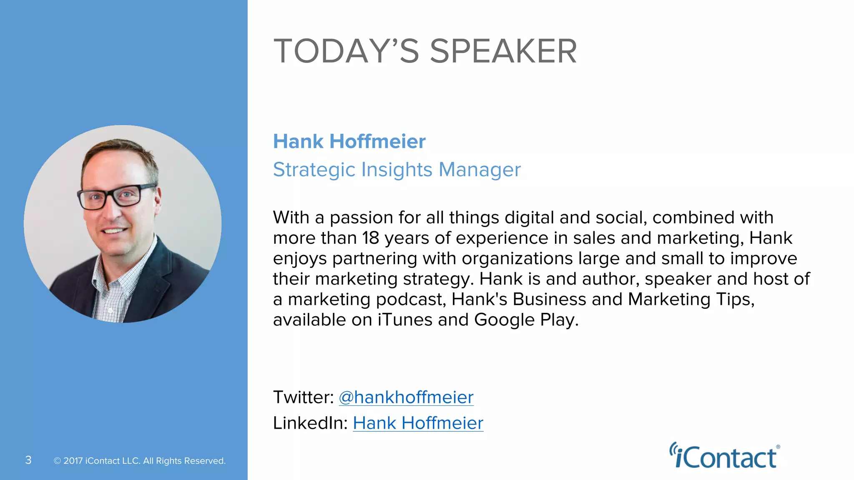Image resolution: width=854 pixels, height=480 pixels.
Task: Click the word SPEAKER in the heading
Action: (503, 51)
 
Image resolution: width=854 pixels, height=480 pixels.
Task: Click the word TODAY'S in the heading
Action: (346, 51)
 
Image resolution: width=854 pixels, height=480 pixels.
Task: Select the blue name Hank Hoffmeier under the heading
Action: (349, 142)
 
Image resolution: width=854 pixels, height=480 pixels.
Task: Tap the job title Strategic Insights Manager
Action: (397, 170)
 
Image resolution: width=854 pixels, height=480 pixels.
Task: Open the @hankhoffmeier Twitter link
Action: (406, 397)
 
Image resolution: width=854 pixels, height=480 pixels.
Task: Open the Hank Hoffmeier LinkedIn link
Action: (418, 423)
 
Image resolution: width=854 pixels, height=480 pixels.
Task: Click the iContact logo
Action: (725, 457)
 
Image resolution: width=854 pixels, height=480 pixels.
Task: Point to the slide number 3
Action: (28, 460)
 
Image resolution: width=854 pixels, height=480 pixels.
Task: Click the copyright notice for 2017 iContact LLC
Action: (140, 461)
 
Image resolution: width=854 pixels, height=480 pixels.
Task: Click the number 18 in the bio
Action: (370, 238)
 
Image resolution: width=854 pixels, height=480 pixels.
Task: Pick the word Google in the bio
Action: (504, 320)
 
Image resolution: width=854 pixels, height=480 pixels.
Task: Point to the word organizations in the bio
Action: (517, 259)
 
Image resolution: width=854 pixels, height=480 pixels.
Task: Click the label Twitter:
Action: (303, 397)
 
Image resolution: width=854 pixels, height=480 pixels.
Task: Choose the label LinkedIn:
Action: (310, 423)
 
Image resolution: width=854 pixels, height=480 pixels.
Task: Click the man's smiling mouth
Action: (114, 230)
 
